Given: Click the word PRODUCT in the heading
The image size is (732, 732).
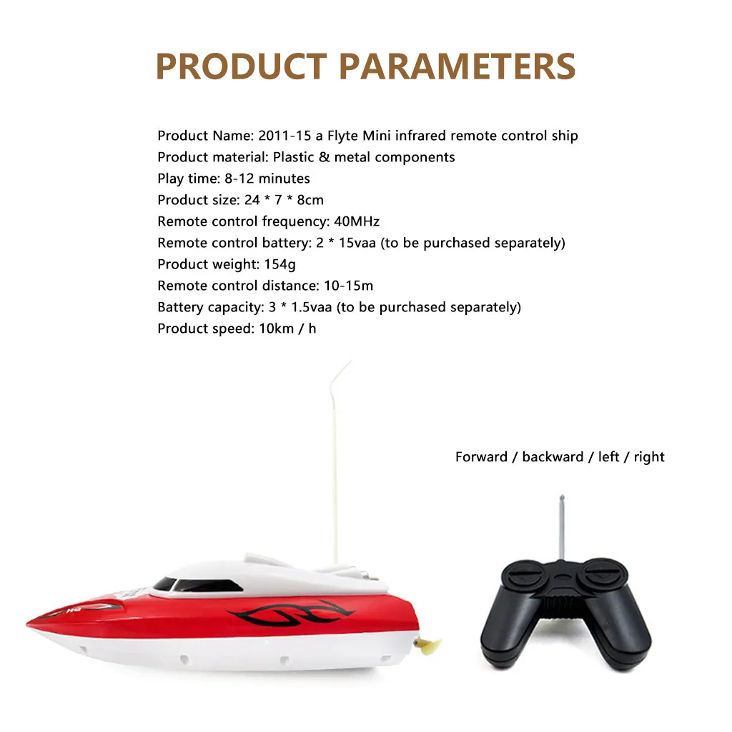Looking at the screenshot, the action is pyautogui.click(x=241, y=66).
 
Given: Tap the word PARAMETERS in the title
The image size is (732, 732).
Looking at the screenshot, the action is pyautogui.click(x=457, y=66).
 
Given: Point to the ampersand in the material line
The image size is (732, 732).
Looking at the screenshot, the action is pyautogui.click(x=325, y=157).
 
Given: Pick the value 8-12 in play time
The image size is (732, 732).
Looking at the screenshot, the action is pyautogui.click(x=238, y=179).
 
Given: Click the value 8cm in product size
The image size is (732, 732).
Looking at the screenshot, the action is pyautogui.click(x=310, y=200).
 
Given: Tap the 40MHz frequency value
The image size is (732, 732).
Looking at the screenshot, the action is pyautogui.click(x=357, y=221).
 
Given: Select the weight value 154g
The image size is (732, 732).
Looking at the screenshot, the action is pyautogui.click(x=280, y=265).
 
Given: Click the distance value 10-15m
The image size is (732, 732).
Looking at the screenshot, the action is pyautogui.click(x=349, y=286).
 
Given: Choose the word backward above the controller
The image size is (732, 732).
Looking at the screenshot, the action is pyautogui.click(x=553, y=456).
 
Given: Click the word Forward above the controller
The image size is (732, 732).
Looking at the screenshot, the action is pyautogui.click(x=482, y=456).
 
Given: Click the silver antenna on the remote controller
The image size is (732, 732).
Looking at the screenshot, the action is pyautogui.click(x=562, y=527).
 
